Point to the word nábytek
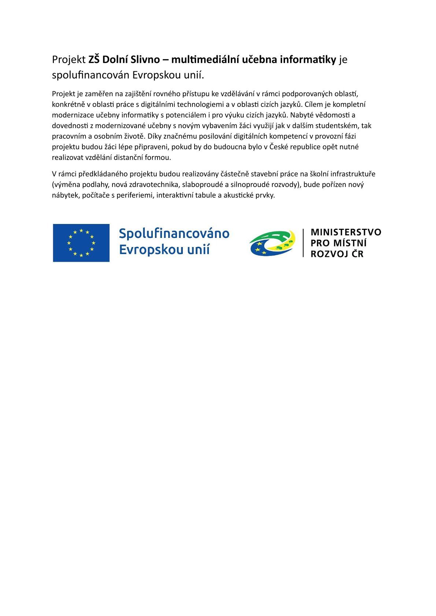coord(63,195)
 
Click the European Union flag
coord(81,243)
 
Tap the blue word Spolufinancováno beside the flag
coord(174,234)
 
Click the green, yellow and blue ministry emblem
coord(272,242)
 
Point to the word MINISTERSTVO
coord(346,232)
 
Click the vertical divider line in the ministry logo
coord(303,242)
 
